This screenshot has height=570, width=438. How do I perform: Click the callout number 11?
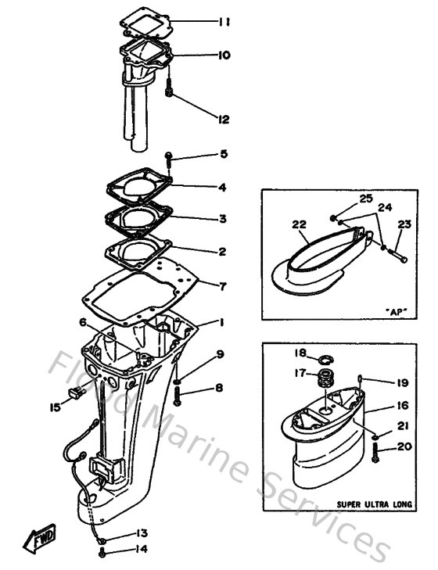(x=224, y=23)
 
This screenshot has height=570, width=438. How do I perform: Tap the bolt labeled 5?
(x=170, y=163)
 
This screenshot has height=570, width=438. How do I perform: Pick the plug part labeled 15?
(x=77, y=396)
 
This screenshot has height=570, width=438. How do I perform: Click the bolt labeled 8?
(x=178, y=396)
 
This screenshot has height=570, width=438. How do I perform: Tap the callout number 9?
(x=220, y=354)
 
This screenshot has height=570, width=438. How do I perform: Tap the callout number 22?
(x=298, y=224)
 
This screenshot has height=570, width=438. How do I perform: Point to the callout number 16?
(x=401, y=407)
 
